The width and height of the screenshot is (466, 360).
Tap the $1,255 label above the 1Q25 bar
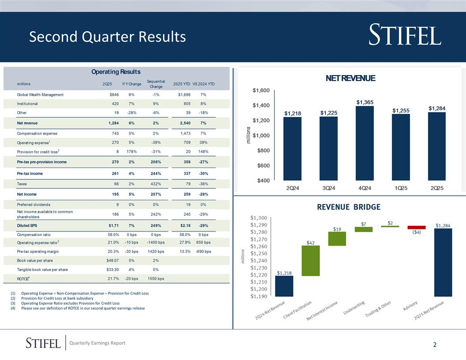pyautogui.click(x=401, y=110)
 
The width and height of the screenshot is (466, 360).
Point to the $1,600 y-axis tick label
pyautogui.click(x=261, y=90)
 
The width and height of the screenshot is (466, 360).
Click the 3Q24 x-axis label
pyautogui.click(x=328, y=188)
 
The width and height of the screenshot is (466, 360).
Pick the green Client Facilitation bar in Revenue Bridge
pyautogui.click(x=310, y=261)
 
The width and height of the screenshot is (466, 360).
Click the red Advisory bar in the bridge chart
pyautogui.click(x=417, y=227)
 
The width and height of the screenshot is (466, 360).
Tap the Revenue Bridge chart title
pyautogui.click(x=348, y=207)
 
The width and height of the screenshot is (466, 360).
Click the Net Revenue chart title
pyautogui.click(x=350, y=78)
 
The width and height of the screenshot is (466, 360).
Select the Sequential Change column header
pyautogui.click(x=156, y=84)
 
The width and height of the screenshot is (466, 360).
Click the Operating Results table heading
pyautogui.click(x=116, y=71)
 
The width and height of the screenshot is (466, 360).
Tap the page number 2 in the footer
pyautogui.click(x=435, y=345)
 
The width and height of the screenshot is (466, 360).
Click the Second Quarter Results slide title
pyautogui.click(x=107, y=37)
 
